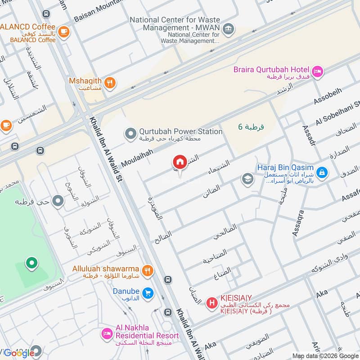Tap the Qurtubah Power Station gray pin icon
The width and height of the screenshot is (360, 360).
130,134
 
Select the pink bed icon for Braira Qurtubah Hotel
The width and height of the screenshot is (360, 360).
318,71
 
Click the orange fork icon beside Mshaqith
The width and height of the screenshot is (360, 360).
109,83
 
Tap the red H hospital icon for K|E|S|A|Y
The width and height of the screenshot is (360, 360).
211,303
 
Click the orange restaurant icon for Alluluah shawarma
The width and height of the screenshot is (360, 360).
147,270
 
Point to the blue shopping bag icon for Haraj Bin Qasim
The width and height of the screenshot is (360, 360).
322,172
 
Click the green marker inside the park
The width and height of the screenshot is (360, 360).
31,263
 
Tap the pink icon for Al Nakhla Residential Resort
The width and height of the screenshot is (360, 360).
107,334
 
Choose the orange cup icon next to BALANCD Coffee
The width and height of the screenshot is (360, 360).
64,31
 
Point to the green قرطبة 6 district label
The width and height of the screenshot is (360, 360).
251,127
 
